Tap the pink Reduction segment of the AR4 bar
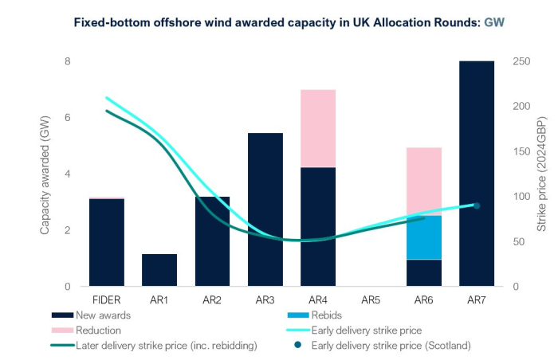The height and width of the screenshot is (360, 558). click(318, 128)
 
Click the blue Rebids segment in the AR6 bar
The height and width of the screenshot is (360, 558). click(424, 237)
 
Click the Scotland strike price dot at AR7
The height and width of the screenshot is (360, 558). click(477, 205)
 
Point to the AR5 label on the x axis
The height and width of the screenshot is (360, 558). click(371, 300)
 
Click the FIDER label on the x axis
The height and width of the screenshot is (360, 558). click(107, 300)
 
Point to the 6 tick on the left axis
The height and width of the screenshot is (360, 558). click(68, 118)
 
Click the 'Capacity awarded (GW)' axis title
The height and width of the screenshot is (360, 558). click(45, 174)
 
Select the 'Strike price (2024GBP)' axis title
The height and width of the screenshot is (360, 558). click(541, 174)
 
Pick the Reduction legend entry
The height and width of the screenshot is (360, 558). click(99, 330)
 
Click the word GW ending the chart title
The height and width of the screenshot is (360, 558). click(494, 23)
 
